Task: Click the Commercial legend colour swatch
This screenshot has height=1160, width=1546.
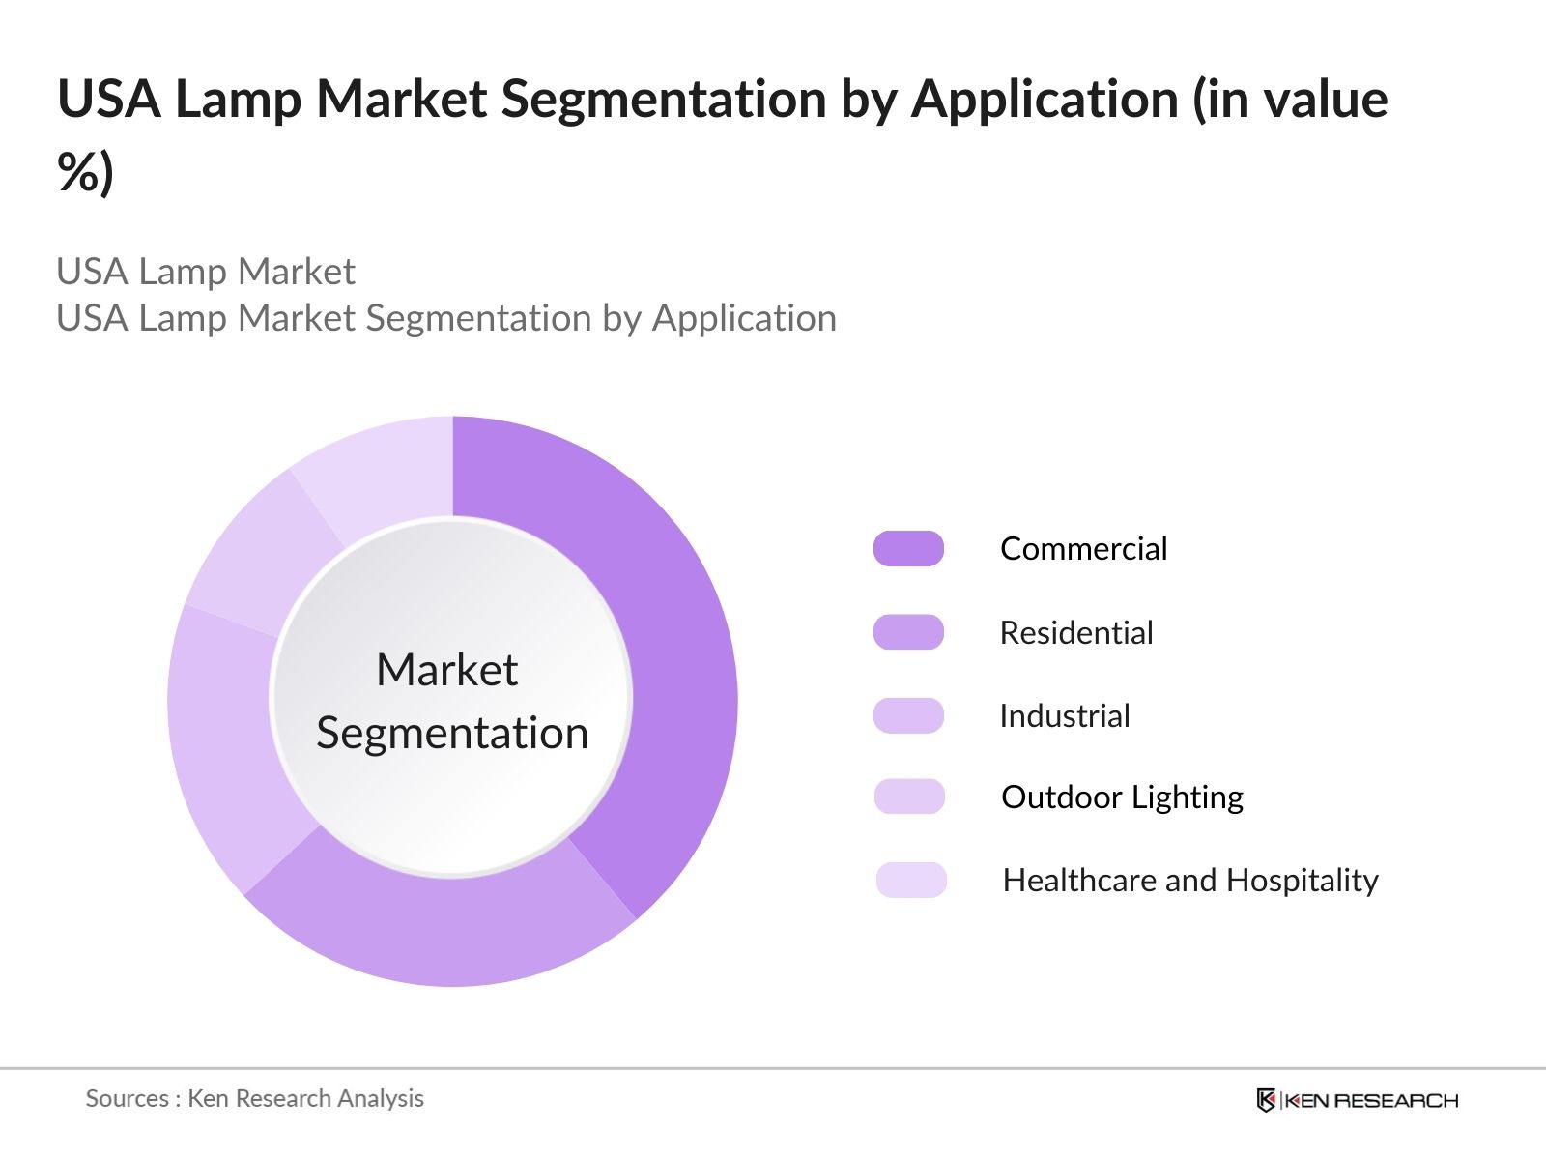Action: (x=908, y=548)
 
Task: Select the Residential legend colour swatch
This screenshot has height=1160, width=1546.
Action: (x=908, y=632)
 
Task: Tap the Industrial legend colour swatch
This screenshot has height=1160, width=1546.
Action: (x=908, y=715)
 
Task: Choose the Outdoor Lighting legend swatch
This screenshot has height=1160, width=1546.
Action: (x=908, y=797)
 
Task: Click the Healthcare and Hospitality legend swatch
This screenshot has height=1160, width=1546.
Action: (x=910, y=880)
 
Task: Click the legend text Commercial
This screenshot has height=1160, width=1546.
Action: (x=1083, y=548)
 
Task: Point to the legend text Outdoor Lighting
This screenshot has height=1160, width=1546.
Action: (x=1122, y=797)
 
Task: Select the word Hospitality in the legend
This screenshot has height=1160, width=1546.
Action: (x=1302, y=880)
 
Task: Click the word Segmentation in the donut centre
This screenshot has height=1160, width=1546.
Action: (x=452, y=733)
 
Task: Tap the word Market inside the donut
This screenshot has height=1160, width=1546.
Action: (x=446, y=669)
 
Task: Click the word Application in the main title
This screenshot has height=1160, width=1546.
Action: (x=1045, y=99)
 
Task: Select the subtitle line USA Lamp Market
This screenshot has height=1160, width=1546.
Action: (x=206, y=272)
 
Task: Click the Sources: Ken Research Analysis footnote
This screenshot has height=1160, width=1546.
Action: (x=254, y=1098)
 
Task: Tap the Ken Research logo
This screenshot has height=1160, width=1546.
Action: (x=1357, y=1100)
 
